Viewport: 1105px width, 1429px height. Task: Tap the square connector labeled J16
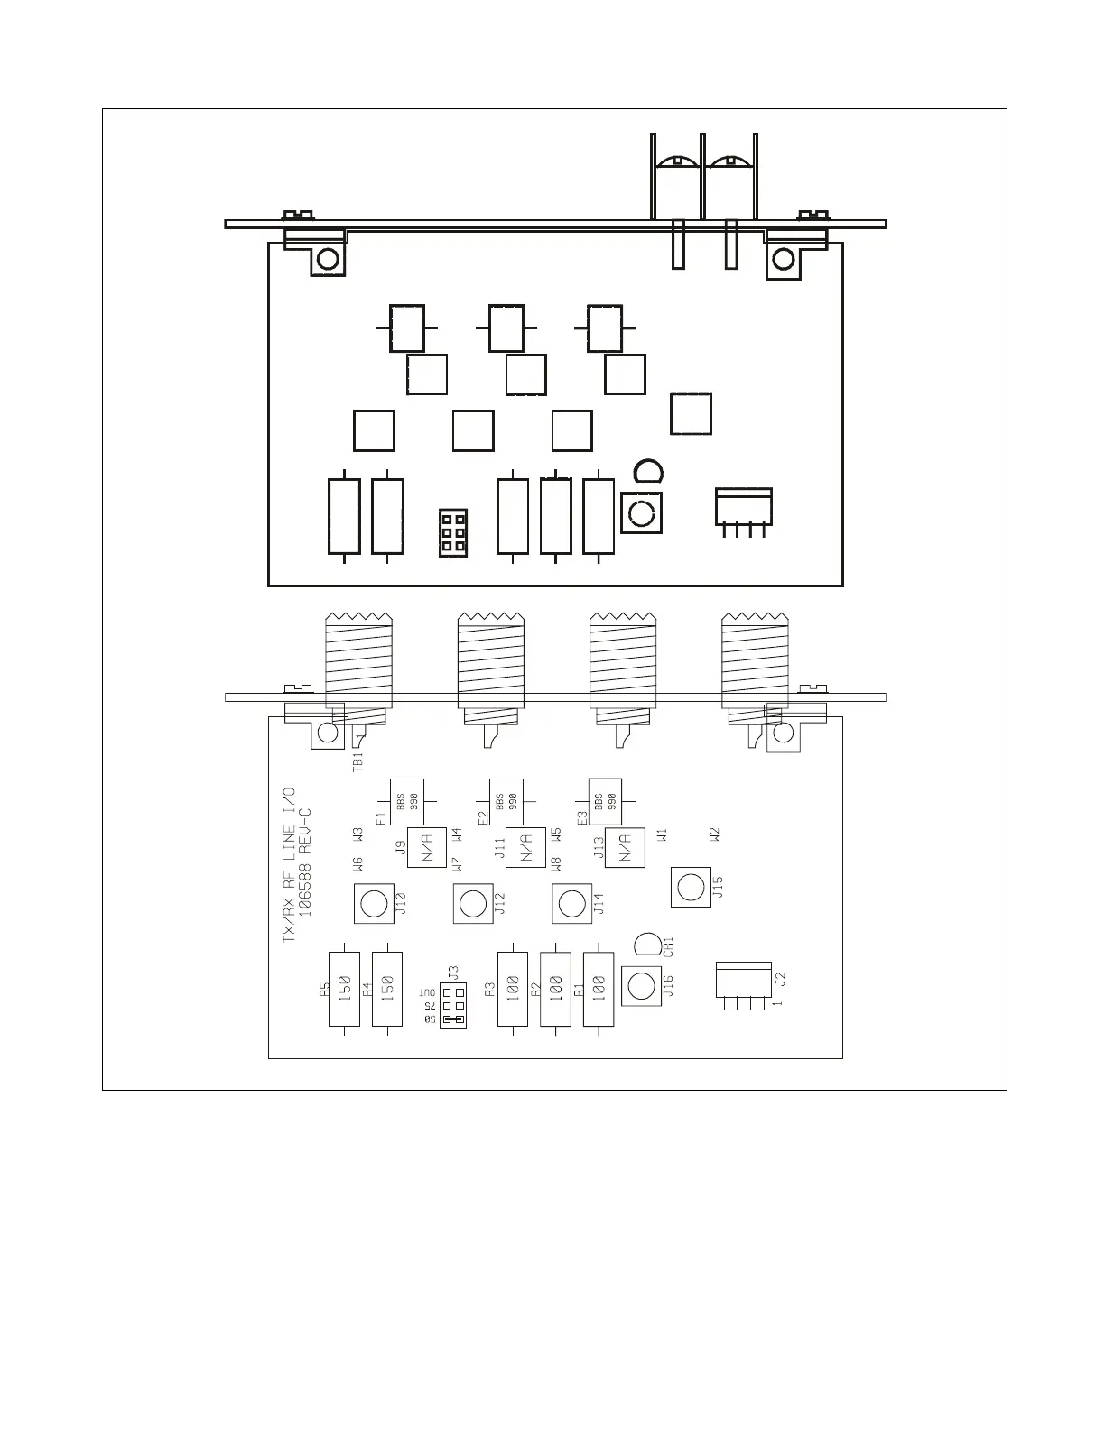point(641,986)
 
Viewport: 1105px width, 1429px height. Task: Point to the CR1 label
point(669,946)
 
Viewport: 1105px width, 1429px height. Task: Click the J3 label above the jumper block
point(454,973)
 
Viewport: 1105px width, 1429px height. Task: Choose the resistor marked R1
point(599,989)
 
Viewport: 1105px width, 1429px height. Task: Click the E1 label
point(381,817)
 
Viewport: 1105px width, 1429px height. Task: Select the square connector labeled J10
point(373,903)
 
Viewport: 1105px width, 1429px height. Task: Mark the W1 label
point(663,835)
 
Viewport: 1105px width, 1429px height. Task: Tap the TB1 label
point(357,761)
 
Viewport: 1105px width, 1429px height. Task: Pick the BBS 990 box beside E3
point(606,798)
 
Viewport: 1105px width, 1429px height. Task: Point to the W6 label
point(357,864)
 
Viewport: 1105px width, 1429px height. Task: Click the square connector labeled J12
point(472,903)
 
